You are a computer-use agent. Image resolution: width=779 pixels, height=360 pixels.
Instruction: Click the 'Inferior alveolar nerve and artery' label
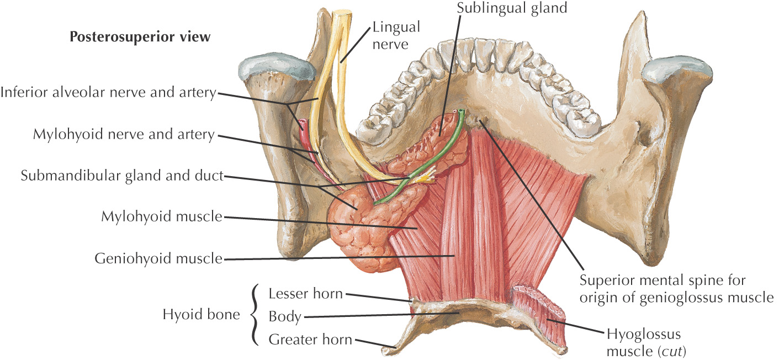click(x=108, y=93)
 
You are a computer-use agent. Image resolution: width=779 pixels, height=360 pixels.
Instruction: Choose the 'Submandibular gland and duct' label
click(x=122, y=176)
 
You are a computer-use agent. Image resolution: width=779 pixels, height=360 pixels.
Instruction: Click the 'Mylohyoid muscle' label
click(x=162, y=217)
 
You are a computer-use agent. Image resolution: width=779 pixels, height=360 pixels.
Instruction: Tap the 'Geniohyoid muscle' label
click(x=158, y=258)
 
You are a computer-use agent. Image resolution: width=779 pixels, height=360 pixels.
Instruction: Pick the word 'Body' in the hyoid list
click(x=285, y=316)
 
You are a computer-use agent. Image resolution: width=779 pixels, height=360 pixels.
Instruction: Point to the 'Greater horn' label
click(x=310, y=340)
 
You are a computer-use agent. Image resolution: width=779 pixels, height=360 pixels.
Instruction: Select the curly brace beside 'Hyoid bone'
click(x=254, y=316)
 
